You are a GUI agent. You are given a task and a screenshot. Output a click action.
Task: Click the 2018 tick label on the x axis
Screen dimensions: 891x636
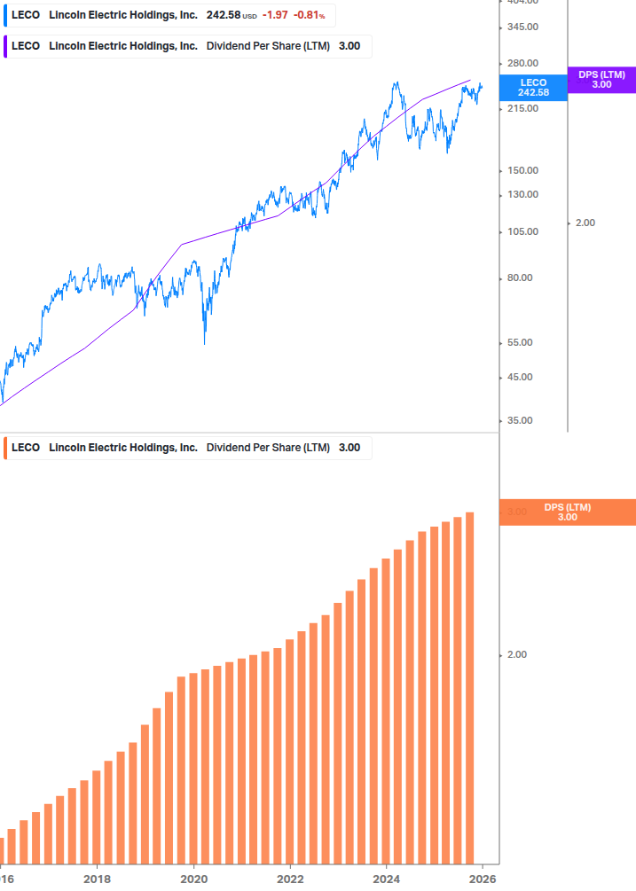(97, 879)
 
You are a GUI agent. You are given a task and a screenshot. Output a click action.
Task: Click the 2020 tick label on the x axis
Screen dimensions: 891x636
(193, 879)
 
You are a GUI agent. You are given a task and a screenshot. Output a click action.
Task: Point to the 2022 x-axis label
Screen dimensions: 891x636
(290, 879)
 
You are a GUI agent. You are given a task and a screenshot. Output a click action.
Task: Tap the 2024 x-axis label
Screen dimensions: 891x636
(387, 879)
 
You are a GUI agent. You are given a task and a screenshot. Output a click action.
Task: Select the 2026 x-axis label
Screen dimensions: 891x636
(483, 879)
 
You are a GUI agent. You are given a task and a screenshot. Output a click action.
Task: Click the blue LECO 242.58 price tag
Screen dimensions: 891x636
(533, 88)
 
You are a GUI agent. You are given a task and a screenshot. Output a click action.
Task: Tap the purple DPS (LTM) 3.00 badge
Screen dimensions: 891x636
(601, 80)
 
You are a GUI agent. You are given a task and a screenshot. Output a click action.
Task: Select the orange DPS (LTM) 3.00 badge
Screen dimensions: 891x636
(567, 512)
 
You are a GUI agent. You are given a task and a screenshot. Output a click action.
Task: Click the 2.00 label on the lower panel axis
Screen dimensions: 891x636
(516, 655)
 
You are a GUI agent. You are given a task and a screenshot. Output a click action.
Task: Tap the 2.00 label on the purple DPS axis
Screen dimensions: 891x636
(585, 223)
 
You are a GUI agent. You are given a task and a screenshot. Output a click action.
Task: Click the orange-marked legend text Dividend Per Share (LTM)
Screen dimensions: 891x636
(268, 448)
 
